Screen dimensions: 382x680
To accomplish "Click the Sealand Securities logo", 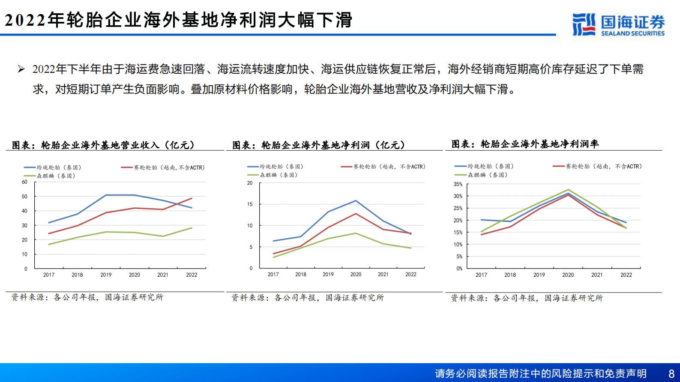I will click(618, 24).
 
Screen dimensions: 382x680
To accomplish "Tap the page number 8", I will click(671, 374).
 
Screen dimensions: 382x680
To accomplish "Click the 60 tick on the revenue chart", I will click(24, 182).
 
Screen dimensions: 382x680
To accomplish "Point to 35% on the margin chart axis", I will click(458, 184).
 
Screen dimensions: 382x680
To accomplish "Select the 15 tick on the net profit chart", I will click(250, 204).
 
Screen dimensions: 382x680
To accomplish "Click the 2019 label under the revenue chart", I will click(106, 275).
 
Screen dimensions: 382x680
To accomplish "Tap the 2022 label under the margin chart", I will click(626, 275).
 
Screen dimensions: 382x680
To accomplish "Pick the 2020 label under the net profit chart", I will click(356, 275).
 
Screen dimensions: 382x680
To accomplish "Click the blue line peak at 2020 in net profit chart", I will click(356, 200).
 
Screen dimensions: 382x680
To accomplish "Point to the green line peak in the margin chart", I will click(568, 190).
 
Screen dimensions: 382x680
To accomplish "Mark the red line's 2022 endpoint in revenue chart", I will click(192, 198).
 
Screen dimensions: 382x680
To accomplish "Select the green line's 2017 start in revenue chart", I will click(49, 245).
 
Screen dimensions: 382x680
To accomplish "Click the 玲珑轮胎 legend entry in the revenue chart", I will click(53, 167).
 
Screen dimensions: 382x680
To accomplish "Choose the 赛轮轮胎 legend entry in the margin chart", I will click(598, 166).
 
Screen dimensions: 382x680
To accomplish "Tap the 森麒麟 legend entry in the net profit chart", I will click(273, 175).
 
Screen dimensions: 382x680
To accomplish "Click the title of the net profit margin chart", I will click(525, 144).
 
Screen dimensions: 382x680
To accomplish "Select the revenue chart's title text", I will click(103, 145).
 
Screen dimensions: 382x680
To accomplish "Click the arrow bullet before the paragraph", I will click(21, 69).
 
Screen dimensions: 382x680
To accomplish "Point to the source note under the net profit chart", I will click(308, 298).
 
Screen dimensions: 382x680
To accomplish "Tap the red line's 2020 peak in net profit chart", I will click(356, 214).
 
